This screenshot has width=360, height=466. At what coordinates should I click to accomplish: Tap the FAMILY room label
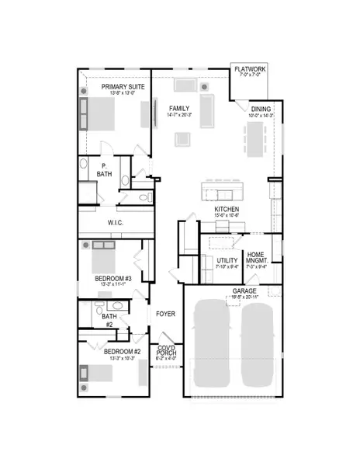pos(179,108)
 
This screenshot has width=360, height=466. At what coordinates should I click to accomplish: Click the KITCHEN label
pos(227,210)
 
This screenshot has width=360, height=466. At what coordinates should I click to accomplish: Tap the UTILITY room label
pos(227,261)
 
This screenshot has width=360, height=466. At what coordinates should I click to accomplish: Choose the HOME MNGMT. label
pos(256,258)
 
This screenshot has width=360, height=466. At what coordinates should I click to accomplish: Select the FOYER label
pos(166,315)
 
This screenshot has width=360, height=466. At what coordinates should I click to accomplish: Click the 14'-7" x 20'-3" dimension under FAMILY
pos(179,115)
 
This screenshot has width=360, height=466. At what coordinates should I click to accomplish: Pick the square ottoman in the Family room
pos(183,139)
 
